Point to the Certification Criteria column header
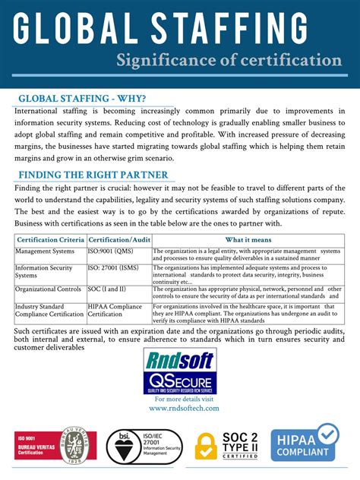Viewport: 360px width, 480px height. click(x=52, y=239)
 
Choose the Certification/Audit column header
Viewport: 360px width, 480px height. click(x=119, y=239)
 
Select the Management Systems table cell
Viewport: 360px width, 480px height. click(x=45, y=250)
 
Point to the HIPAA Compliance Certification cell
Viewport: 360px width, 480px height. click(x=115, y=311)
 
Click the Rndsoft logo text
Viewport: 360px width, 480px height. click(x=182, y=359)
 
